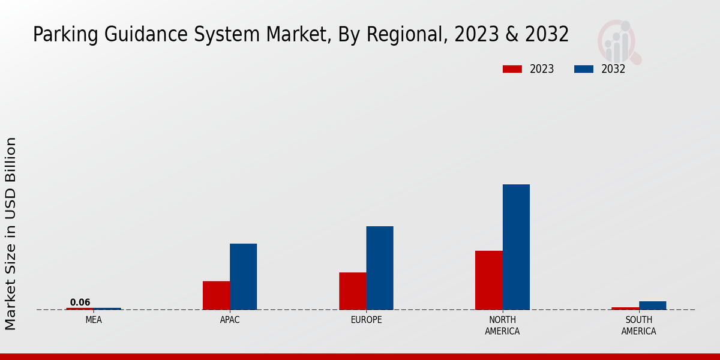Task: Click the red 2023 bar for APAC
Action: [x=216, y=295]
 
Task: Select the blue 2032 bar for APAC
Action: [x=243, y=277]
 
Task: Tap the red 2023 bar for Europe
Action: [x=352, y=291]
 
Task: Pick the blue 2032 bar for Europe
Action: [x=380, y=268]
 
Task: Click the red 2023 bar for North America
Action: [x=488, y=280]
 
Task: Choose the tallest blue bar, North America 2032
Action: [x=516, y=247]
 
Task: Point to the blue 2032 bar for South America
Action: [x=652, y=305]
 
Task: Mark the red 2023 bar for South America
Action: [x=625, y=308]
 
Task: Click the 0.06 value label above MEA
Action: [x=80, y=302]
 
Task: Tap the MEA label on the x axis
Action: [x=94, y=320]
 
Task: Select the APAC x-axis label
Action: [x=230, y=320]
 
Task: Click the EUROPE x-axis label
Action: [x=366, y=320]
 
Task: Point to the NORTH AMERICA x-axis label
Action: [x=502, y=325]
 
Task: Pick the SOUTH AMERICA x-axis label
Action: [x=638, y=325]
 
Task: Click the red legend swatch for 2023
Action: [x=512, y=69]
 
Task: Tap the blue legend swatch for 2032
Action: [x=583, y=69]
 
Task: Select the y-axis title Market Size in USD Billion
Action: [x=11, y=233]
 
